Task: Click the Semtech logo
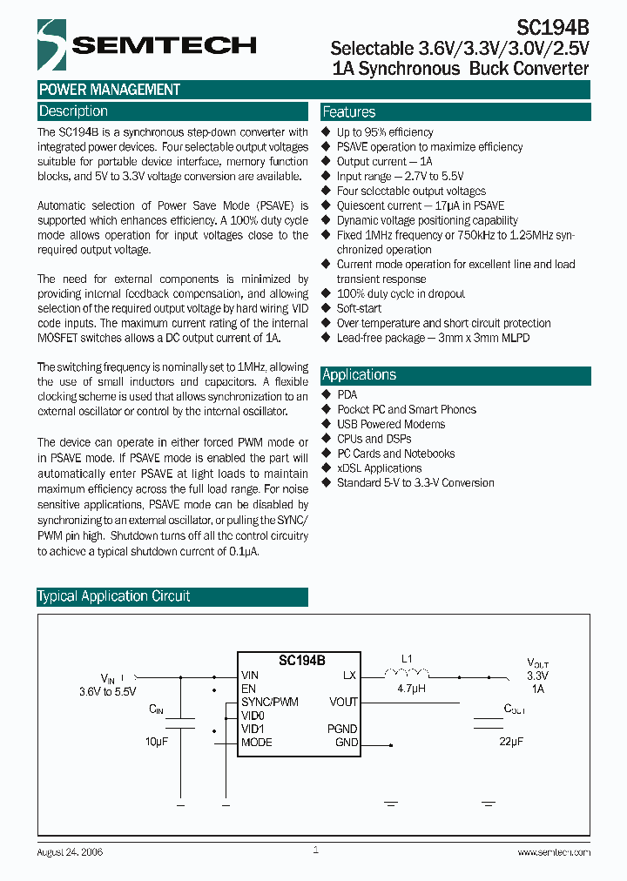[x=146, y=44]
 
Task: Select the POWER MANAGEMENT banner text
[x=110, y=90]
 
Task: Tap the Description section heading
[x=73, y=111]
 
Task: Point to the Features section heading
[x=349, y=112]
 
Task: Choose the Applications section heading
[x=360, y=375]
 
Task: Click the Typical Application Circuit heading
[x=114, y=597]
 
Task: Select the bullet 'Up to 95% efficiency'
[x=385, y=132]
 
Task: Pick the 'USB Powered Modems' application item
[x=391, y=424]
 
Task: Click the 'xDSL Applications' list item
[x=379, y=468]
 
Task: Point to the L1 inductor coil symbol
[x=407, y=673]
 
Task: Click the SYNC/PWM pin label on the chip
[x=270, y=702]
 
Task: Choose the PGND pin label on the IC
[x=342, y=729]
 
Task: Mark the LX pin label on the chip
[x=350, y=675]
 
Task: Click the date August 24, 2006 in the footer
[x=70, y=852]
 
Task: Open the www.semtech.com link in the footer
[x=554, y=852]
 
